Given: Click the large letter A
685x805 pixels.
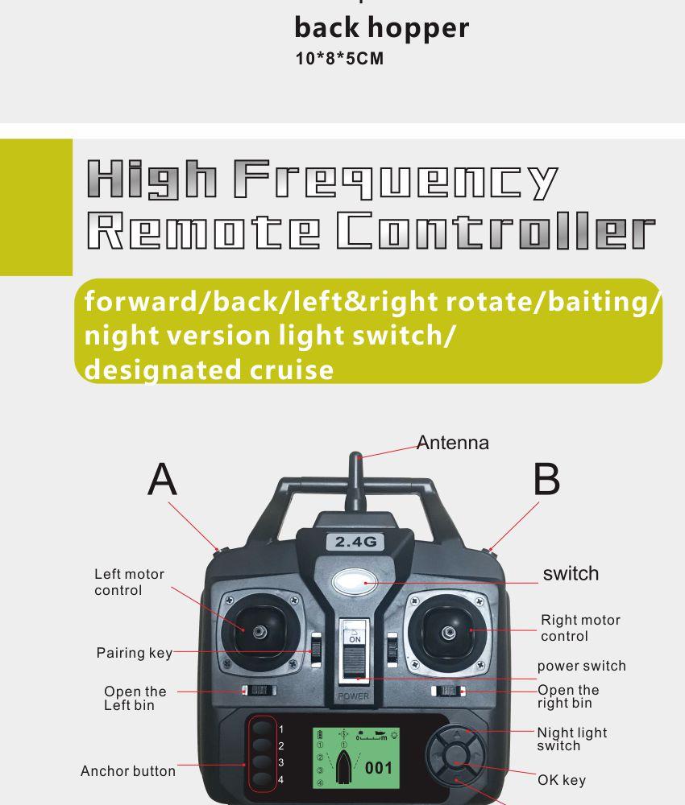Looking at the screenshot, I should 162,481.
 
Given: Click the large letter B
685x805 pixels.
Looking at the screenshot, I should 546,481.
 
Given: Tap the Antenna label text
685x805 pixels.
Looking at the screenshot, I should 453,443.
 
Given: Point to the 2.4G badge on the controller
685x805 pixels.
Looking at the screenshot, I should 355,542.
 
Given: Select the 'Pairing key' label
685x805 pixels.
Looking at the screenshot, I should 135,653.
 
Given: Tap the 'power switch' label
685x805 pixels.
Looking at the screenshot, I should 581,666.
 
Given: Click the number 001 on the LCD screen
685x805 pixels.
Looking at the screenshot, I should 378,768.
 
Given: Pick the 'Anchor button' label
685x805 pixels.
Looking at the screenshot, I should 128,771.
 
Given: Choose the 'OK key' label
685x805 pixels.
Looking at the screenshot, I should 562,780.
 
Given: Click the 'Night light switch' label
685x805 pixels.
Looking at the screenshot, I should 571,739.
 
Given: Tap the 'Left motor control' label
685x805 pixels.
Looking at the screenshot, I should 129,582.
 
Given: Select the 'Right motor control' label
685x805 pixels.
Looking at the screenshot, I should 580,628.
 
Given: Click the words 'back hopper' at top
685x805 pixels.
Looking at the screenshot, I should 381,28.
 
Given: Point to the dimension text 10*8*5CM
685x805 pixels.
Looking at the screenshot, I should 338,60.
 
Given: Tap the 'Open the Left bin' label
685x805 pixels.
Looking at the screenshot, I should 135,698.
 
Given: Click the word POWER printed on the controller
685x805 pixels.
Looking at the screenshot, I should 353,696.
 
